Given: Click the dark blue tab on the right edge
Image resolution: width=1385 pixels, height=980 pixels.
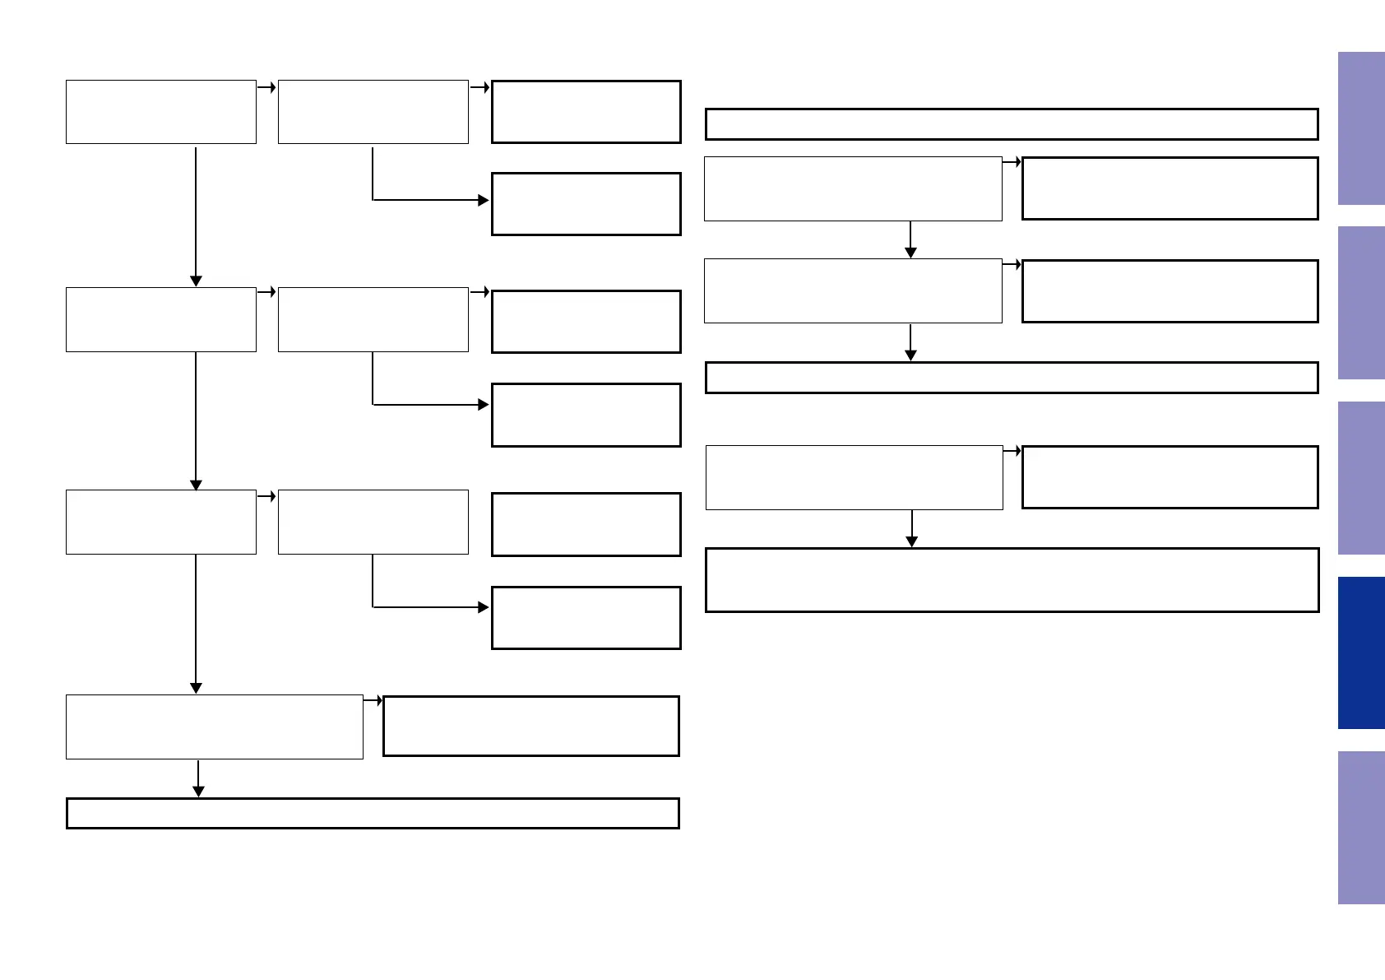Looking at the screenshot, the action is point(1361,653).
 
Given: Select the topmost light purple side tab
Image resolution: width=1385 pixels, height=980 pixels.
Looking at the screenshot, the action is point(1361,128).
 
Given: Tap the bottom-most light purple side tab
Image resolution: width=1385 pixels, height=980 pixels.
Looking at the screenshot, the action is point(1361,827).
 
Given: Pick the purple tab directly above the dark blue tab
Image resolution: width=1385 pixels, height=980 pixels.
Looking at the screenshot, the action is point(1361,478).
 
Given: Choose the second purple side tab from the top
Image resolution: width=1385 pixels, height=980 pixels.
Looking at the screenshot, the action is point(1361,303).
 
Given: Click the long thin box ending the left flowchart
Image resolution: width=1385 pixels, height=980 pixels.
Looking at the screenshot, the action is point(373,813).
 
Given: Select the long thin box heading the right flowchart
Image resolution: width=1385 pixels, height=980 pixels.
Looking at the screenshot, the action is point(1012,124).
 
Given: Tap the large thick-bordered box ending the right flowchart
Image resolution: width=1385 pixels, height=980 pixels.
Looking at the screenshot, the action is point(1012,580).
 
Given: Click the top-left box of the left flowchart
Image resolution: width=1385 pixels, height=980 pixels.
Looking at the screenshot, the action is point(161,112).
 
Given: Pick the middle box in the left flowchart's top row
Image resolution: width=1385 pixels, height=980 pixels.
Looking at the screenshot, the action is point(373,112).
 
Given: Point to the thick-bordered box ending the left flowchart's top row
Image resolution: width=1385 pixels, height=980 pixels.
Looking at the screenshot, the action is point(586,112).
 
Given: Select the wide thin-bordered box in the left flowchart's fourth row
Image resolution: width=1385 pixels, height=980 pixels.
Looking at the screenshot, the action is point(215,727).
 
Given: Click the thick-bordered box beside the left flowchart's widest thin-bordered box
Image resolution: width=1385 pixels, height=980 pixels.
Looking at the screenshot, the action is point(531,726).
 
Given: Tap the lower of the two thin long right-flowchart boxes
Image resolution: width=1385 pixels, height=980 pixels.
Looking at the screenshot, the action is point(1012,378).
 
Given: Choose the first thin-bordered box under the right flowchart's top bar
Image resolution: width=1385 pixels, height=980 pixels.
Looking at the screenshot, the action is point(853,188).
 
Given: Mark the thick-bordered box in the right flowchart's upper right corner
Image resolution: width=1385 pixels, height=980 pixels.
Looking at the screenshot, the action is point(1170,188).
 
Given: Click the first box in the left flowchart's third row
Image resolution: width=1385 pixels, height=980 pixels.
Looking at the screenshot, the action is point(161,522).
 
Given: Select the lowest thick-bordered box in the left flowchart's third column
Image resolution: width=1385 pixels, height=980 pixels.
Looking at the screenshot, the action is point(586,618).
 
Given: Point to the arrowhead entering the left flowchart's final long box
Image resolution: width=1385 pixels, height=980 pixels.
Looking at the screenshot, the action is point(198,792).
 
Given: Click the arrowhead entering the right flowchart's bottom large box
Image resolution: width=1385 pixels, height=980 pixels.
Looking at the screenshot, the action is point(911,541).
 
